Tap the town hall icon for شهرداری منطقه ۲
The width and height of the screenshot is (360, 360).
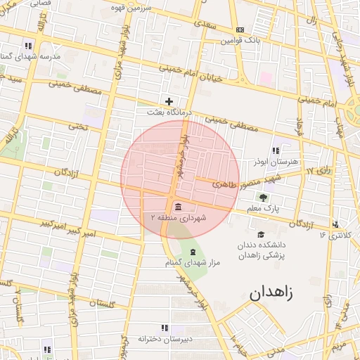pyautogui.click(x=177, y=206)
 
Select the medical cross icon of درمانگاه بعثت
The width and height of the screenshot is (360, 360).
pyautogui.click(x=168, y=101)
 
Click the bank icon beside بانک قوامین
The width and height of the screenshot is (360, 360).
pyautogui.click(x=240, y=30)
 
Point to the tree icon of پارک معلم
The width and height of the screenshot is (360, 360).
pyautogui.click(x=264, y=198)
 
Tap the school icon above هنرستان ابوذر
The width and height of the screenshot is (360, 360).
pyautogui.click(x=276, y=150)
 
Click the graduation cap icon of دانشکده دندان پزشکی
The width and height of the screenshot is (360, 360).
pyautogui.click(x=261, y=235)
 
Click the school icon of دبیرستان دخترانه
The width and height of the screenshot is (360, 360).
pyautogui.click(x=165, y=328)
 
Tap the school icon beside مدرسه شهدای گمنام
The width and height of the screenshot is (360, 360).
pyautogui.click(x=28, y=45)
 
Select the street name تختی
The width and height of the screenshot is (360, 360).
pyautogui.click(x=75, y=127)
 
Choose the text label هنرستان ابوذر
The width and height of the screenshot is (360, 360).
pyautogui.click(x=277, y=162)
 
